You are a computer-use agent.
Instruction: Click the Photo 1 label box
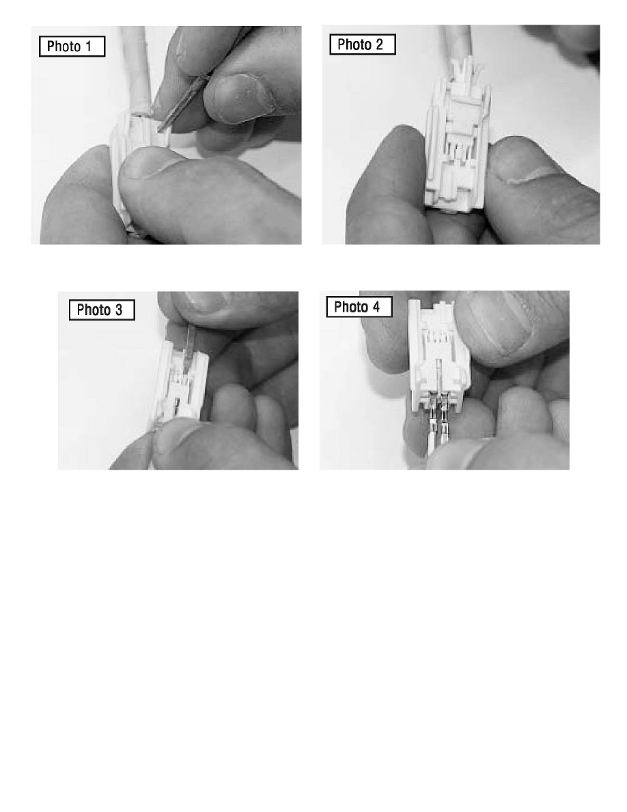click(72, 46)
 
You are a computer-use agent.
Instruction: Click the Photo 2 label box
click(363, 44)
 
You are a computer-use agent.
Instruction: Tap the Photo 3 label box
click(102, 310)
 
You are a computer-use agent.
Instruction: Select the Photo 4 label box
click(359, 307)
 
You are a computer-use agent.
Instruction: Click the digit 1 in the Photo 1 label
click(88, 46)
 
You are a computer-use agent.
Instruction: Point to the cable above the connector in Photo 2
click(460, 46)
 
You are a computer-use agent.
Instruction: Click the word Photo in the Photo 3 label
click(92, 310)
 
